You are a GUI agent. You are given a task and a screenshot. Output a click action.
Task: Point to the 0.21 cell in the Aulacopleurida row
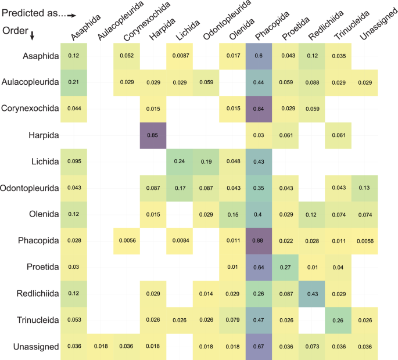click(73, 82)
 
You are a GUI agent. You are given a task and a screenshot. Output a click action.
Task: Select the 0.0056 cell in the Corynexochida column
click(126, 240)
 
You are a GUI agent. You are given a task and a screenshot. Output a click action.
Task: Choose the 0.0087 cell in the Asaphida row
click(180, 56)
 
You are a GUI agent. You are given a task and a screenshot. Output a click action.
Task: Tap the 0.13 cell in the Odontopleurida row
click(364, 188)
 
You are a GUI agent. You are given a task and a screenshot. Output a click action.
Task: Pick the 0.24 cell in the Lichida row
click(180, 161)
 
